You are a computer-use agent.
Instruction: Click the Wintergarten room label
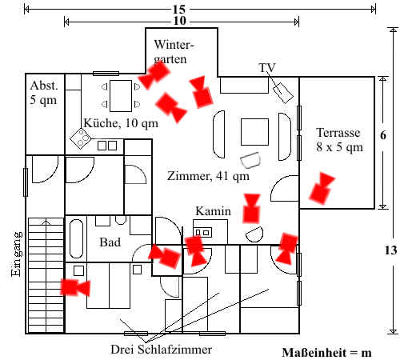[174, 52]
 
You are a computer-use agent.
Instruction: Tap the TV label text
[267, 68]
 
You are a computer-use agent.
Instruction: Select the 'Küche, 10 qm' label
[121, 123]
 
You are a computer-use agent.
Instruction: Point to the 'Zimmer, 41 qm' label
[208, 176]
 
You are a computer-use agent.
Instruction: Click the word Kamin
[213, 211]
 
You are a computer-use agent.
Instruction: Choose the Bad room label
[110, 242]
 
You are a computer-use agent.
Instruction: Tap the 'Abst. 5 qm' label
[43, 93]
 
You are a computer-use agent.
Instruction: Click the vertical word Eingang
[16, 254]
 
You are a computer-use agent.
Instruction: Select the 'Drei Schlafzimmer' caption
[162, 350]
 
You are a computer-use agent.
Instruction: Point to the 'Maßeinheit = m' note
[326, 353]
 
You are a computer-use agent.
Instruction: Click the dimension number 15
[179, 10]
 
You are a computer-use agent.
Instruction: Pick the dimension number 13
[390, 250]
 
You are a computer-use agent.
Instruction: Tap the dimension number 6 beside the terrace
[383, 135]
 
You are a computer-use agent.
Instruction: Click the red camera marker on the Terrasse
[322, 188]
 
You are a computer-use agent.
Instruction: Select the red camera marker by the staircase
[75, 287]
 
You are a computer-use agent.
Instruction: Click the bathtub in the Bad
[76, 238]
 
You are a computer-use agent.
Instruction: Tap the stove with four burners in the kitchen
[81, 138]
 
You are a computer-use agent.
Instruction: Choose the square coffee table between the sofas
[254, 132]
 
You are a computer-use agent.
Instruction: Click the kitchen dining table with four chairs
[121, 96]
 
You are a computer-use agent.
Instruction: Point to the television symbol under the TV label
[282, 93]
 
